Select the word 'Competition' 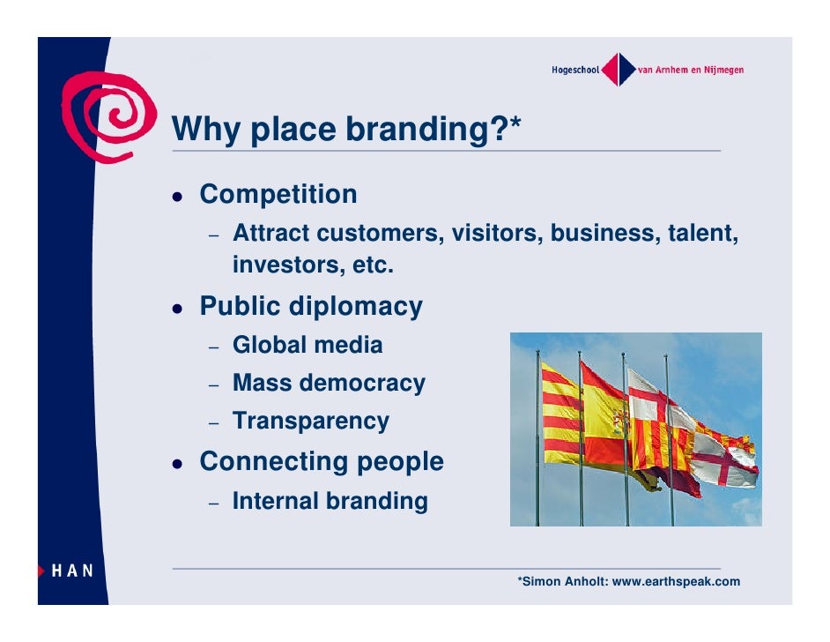coord(278,194)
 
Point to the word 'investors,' coord(278,265)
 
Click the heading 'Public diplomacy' coord(311,307)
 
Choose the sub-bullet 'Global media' coord(308,345)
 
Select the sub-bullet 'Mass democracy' coord(329,384)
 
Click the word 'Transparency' coord(310,422)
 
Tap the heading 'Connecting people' coord(322,461)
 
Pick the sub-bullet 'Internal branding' coord(330,502)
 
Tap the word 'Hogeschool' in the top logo coord(574,71)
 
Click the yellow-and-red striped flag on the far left coord(560,414)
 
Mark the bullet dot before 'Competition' coord(178,196)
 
